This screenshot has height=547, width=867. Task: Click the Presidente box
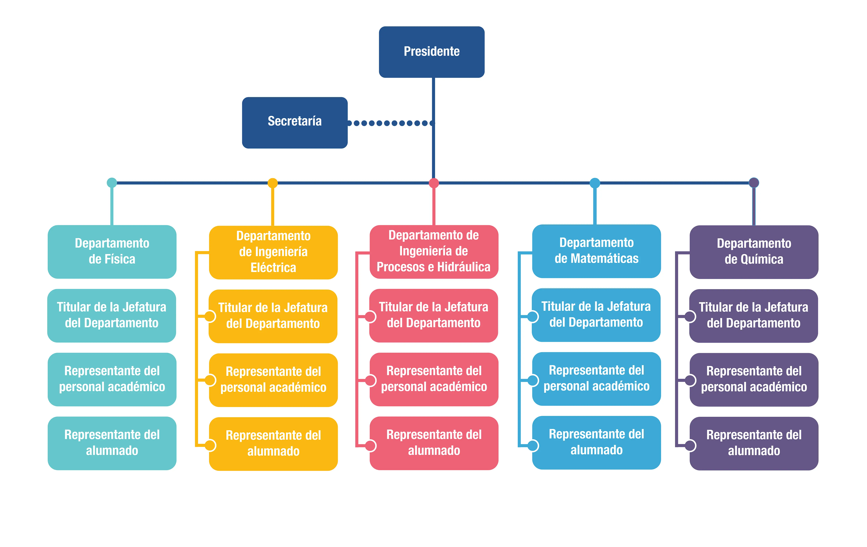coord(432,52)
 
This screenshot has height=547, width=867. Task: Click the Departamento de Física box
coord(112,252)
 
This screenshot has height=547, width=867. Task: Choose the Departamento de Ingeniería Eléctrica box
coord(273,253)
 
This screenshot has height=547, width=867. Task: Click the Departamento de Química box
coord(754,252)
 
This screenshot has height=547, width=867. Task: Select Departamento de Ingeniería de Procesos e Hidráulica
coord(434,252)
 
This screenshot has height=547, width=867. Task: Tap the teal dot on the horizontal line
coord(112,183)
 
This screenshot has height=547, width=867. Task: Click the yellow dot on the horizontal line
coord(273,183)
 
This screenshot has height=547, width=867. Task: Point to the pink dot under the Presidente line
coord(434,183)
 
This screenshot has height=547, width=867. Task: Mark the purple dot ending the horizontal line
coord(754,183)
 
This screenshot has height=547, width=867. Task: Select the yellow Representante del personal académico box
coord(273,380)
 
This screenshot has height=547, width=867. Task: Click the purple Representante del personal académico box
coord(754,380)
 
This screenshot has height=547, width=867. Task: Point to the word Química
coord(763,259)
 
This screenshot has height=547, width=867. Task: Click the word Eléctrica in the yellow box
coord(273,268)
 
